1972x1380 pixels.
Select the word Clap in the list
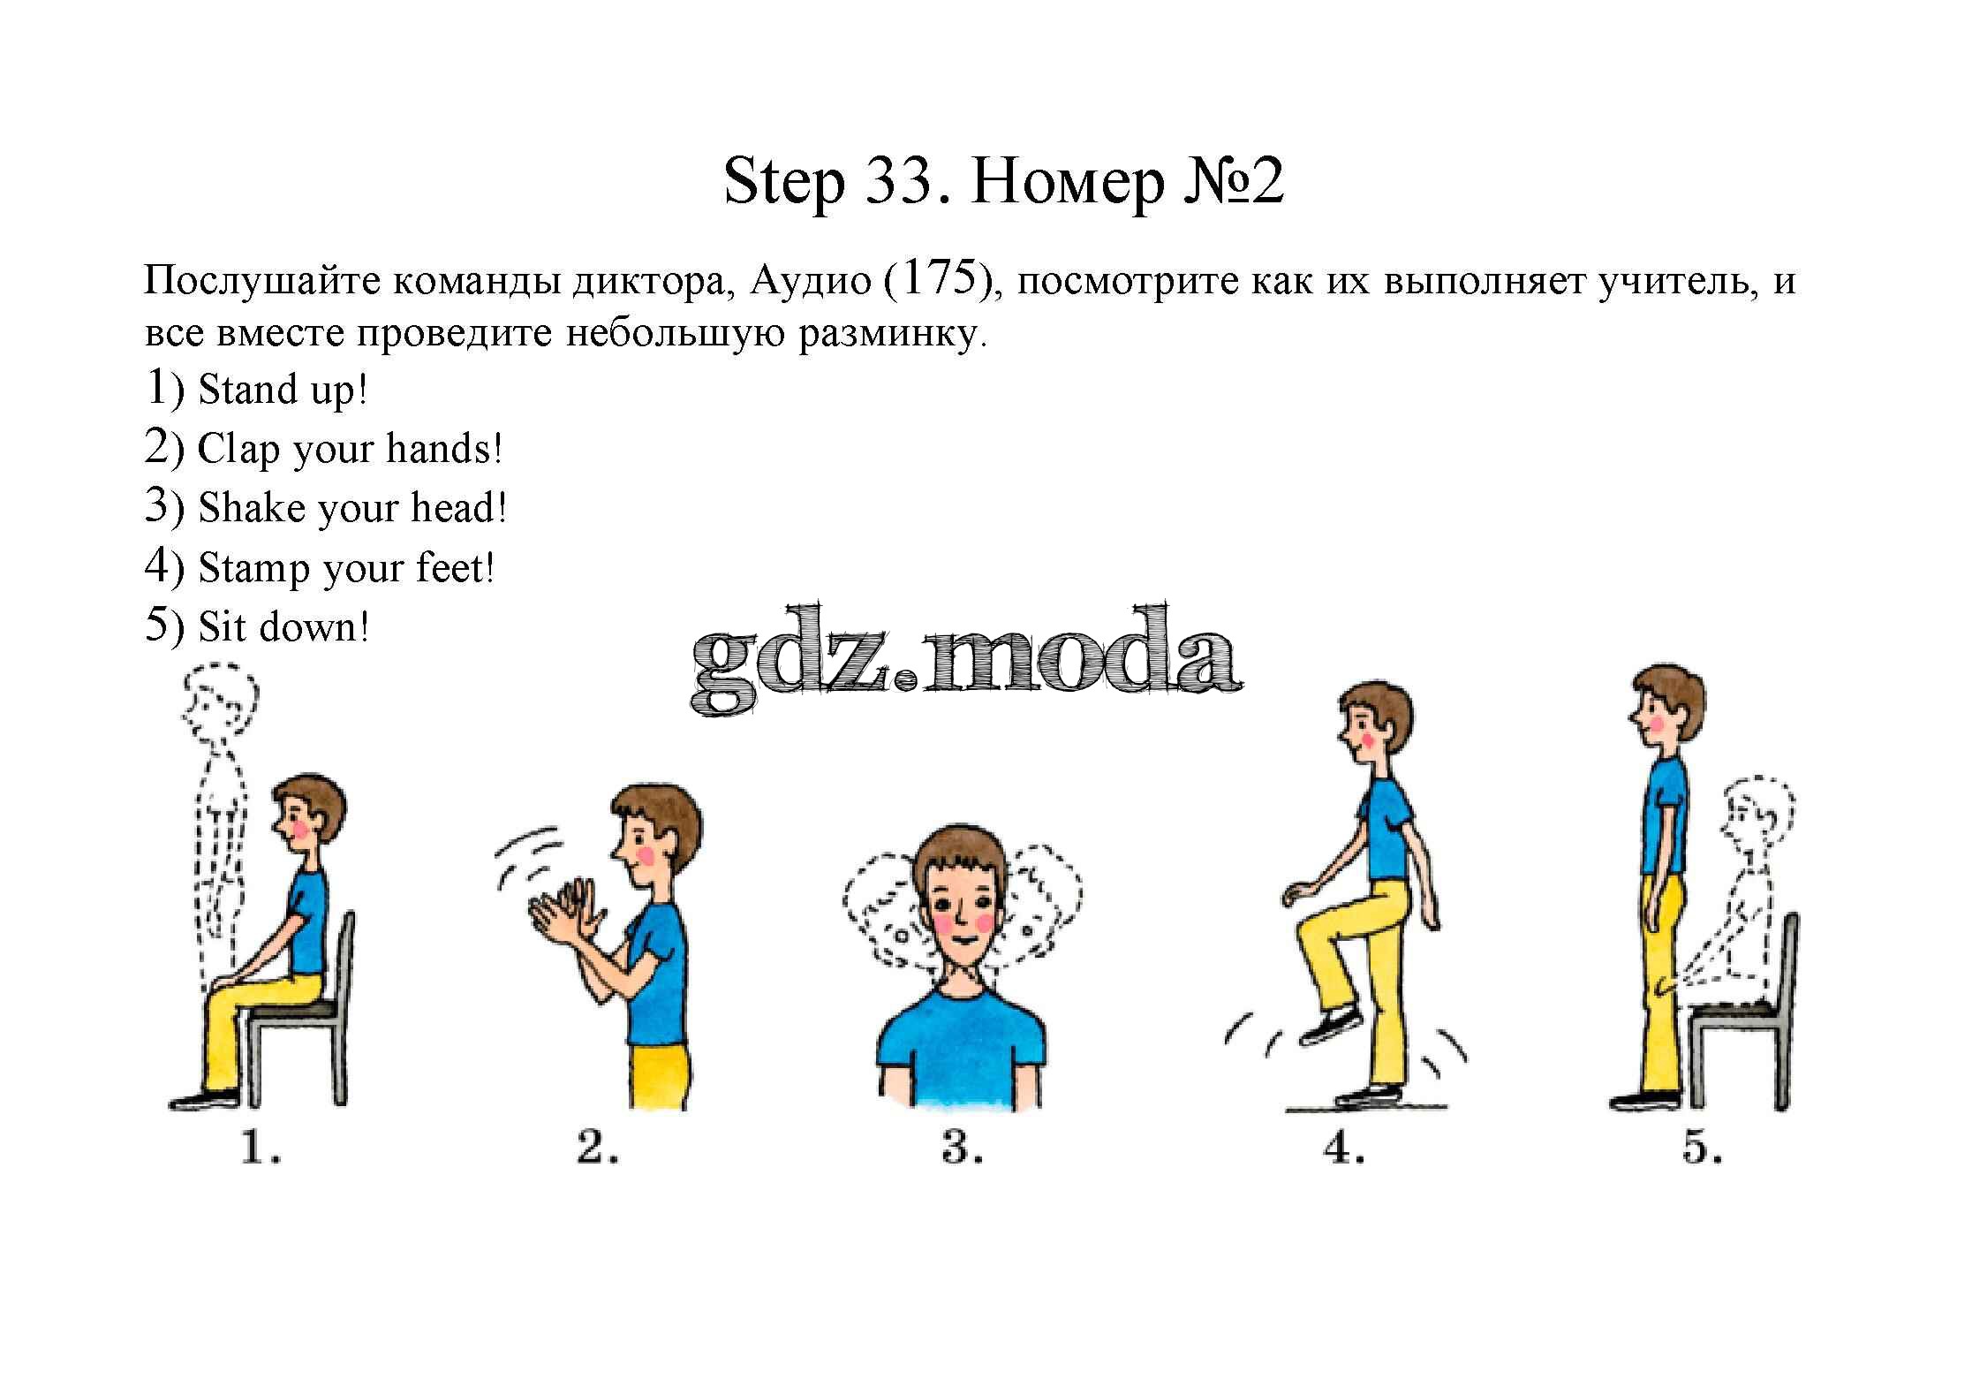coord(238,450)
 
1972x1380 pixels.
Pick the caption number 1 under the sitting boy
coord(260,1149)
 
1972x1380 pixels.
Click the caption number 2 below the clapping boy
coord(597,1149)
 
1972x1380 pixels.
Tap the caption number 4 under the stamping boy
coord(1344,1149)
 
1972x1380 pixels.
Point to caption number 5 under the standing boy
coord(1702,1149)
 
